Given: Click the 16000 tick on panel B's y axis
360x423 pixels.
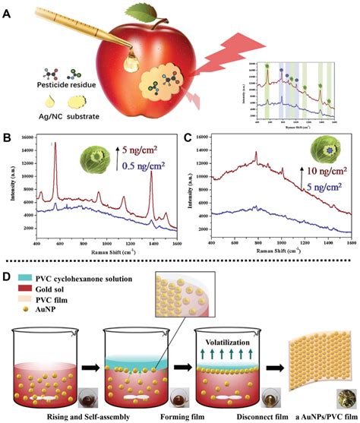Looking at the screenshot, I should pos(24,136).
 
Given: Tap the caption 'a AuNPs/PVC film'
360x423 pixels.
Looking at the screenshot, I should pos(320,415).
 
